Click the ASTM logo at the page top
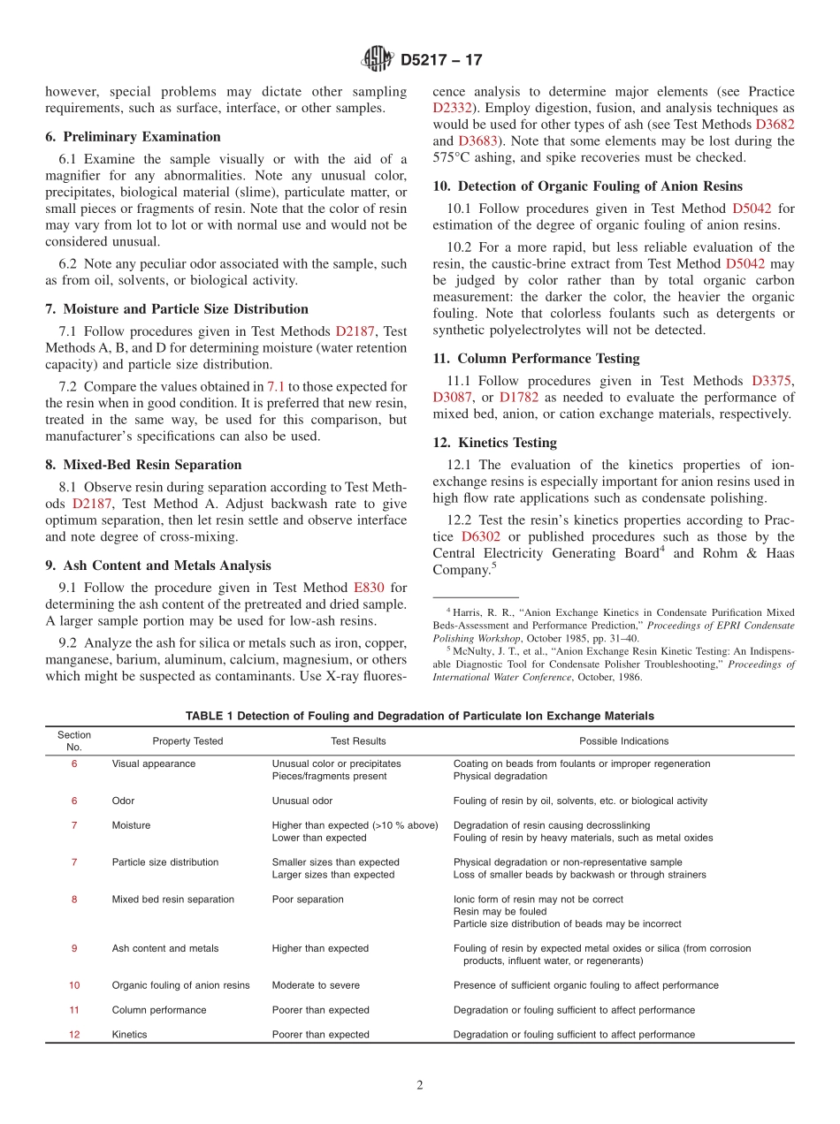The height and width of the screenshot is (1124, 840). coord(377,60)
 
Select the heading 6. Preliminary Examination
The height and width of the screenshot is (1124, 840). coord(133,137)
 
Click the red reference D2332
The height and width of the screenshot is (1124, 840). coord(452,108)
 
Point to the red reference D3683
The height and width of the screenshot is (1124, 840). coord(477,141)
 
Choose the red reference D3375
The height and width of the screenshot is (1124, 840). coord(773,381)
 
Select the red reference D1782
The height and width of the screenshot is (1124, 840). coord(518,398)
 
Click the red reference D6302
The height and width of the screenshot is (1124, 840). coord(482,537)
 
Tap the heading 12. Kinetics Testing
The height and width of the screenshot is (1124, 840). coord(494,443)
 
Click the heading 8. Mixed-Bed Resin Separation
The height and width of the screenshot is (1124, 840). coord(143,465)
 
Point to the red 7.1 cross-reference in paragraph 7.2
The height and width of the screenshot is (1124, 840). coord(277,387)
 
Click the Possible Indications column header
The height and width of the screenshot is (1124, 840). coord(623,741)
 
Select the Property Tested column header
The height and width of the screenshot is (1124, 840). coord(187,741)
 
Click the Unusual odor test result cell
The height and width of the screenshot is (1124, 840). coord(302,801)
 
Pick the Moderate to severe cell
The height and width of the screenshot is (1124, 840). coord(316,985)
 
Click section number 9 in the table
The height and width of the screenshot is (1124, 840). coord(74,948)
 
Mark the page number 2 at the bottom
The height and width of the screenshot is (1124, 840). coord(420,1086)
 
